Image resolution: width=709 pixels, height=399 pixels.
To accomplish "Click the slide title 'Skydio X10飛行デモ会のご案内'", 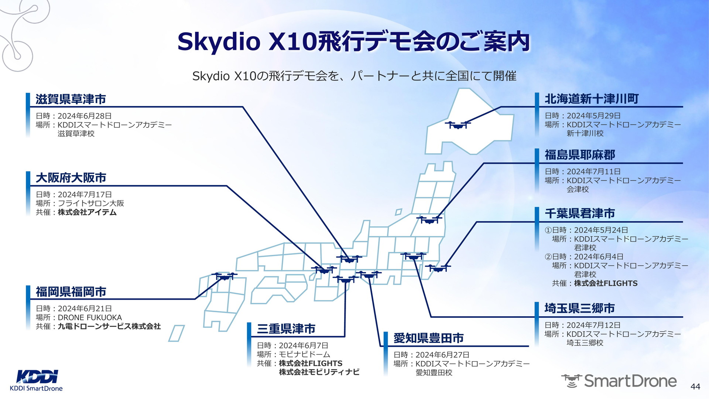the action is [x=354, y=42].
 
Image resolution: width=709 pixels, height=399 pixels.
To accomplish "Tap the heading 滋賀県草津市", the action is [x=71, y=99].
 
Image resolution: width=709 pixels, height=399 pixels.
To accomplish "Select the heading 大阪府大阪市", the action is [x=71, y=178].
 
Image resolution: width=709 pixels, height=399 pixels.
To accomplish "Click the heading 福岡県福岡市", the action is [x=71, y=292].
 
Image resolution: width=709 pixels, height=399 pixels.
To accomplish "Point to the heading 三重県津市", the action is [x=286, y=329].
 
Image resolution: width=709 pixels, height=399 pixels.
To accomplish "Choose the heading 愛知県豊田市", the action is [x=429, y=338].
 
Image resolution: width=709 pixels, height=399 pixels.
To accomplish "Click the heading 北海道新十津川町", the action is [x=592, y=99].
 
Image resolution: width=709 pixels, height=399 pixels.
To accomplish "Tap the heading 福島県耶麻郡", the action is [x=580, y=155].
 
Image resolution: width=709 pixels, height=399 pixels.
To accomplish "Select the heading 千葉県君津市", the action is [x=580, y=213].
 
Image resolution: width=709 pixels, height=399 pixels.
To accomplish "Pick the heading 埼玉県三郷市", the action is [x=580, y=308].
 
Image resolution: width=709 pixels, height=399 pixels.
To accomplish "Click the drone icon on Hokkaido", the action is [x=458, y=125].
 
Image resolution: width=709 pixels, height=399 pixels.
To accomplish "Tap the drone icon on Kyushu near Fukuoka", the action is [x=224, y=276].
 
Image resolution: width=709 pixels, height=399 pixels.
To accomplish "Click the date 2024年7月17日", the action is [x=85, y=194].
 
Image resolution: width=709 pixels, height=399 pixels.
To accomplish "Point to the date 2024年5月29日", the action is [x=594, y=116].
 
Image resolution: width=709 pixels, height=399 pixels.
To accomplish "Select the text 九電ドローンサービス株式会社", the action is [x=109, y=326].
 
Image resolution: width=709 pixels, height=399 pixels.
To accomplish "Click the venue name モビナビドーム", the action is [x=305, y=354].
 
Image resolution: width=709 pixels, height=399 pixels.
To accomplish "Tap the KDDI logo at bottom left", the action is [x=37, y=380].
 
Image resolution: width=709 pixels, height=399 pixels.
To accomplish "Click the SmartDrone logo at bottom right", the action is [x=619, y=381].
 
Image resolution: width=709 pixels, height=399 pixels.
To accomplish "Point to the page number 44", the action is [x=695, y=386].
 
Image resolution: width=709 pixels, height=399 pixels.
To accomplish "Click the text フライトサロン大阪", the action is [x=91, y=203].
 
